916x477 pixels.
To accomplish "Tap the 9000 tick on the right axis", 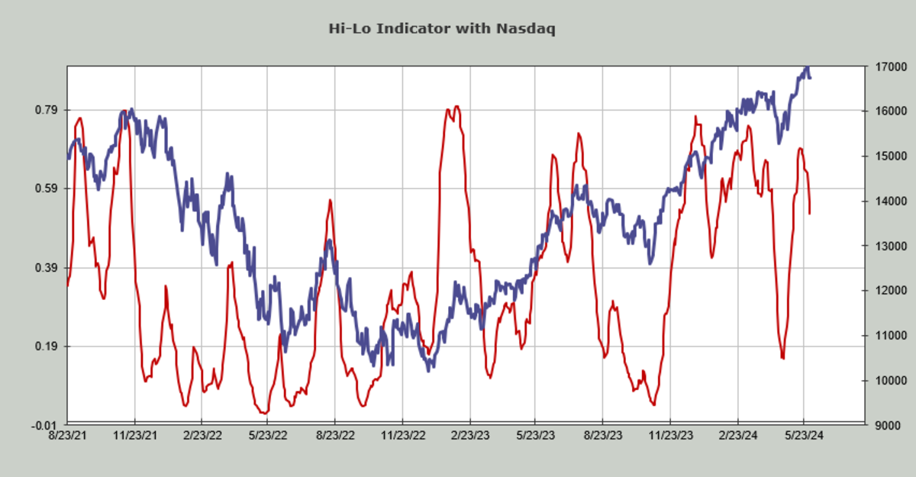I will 883,425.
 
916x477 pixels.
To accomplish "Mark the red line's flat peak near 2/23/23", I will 456,108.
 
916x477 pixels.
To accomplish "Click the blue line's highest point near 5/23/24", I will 806,68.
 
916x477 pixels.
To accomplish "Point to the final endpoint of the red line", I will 809,213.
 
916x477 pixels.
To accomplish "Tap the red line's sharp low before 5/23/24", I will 782,357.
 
